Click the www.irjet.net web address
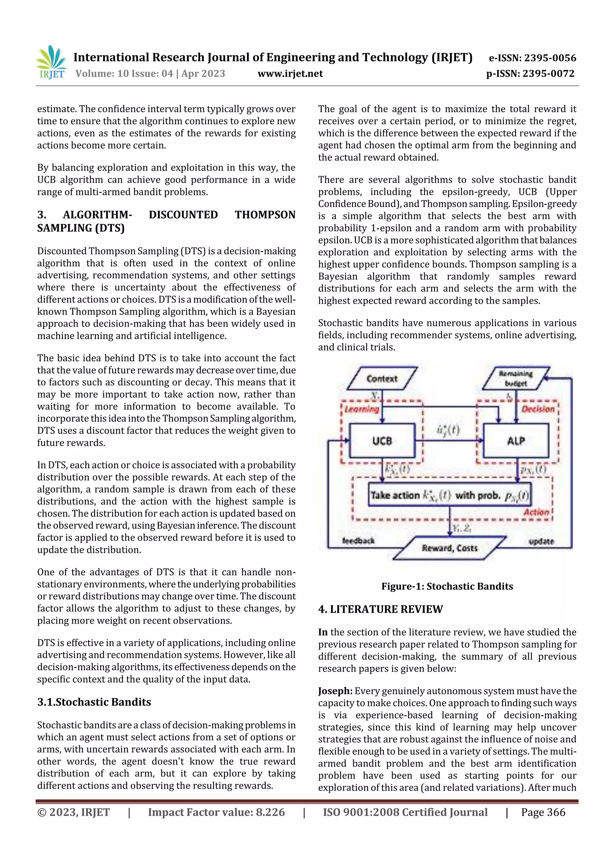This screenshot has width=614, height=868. click(x=290, y=74)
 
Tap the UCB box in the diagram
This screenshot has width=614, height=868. click(x=382, y=441)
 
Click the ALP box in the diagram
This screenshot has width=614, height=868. click(x=516, y=441)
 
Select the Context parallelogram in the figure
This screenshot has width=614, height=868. click(x=382, y=378)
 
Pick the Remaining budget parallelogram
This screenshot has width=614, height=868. click(x=516, y=378)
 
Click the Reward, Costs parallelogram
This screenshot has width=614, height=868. click(x=449, y=548)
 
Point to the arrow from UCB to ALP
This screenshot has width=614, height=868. click(x=449, y=440)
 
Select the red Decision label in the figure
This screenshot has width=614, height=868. click(x=538, y=409)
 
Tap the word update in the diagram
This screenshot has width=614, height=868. click(x=541, y=541)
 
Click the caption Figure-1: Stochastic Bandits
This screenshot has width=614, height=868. click(x=447, y=586)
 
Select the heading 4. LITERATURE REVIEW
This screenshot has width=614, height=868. click(x=380, y=609)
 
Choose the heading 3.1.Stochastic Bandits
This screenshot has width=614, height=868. click(x=94, y=702)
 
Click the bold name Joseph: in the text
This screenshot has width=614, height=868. click(x=335, y=691)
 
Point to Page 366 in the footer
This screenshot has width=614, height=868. click(x=543, y=812)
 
